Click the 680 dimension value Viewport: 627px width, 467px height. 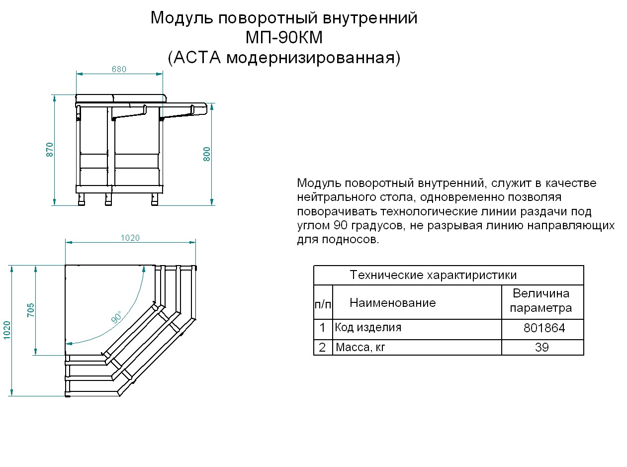tap(119, 70)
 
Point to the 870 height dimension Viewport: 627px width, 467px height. tap(50, 150)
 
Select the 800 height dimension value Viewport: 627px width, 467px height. tap(207, 154)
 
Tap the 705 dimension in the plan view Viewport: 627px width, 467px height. tap(31, 310)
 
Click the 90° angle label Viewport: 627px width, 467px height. tap(116, 317)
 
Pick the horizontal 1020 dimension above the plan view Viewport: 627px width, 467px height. tap(130, 238)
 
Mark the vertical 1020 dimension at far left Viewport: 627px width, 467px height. tap(6, 330)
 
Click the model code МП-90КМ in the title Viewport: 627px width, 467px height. tap(284, 38)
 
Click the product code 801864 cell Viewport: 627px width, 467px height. tap(544, 329)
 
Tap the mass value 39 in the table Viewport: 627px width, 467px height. tap(541, 348)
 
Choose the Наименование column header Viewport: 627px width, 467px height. tap(393, 303)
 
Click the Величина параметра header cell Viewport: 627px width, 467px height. tap(541, 301)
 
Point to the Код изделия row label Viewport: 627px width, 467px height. tap(368, 328)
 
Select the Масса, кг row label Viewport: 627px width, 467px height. tap(360, 348)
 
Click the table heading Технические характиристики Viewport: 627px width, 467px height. tap(433, 275)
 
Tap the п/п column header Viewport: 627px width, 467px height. tap(322, 303)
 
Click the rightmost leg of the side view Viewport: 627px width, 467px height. tap(155, 199)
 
